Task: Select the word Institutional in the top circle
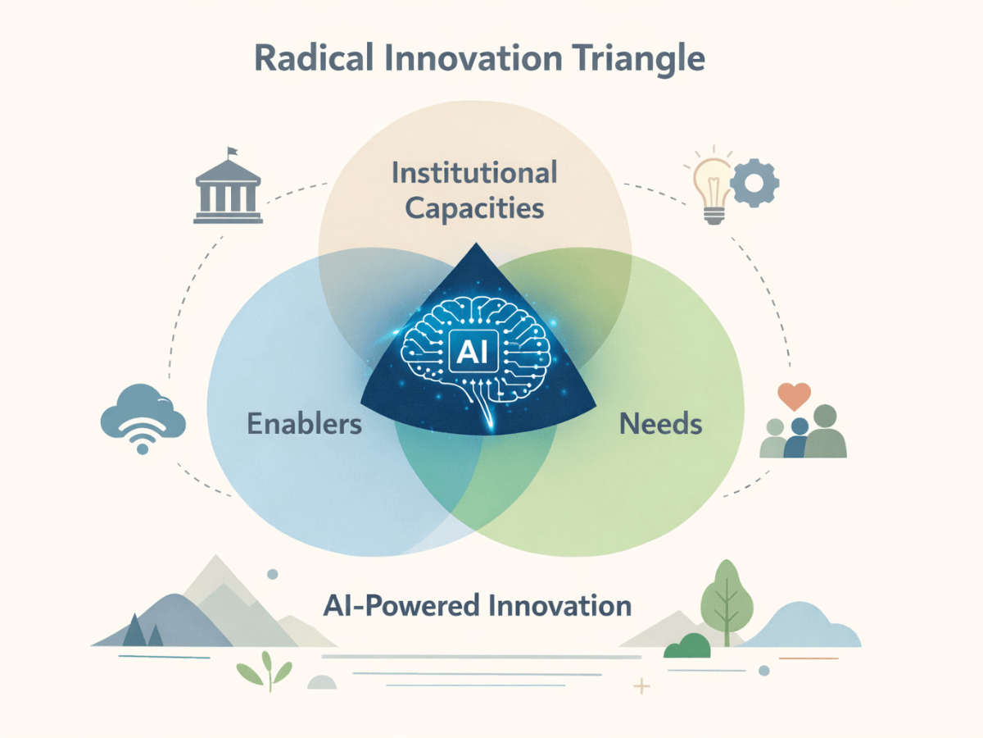click(x=474, y=173)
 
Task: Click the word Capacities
click(x=474, y=208)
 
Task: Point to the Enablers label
click(x=304, y=424)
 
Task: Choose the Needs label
click(x=660, y=424)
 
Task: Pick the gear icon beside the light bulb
click(x=754, y=182)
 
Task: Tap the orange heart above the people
click(x=794, y=398)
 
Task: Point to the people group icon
click(x=803, y=433)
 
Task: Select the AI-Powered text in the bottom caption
click(x=393, y=606)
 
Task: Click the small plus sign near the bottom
click(x=642, y=686)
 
